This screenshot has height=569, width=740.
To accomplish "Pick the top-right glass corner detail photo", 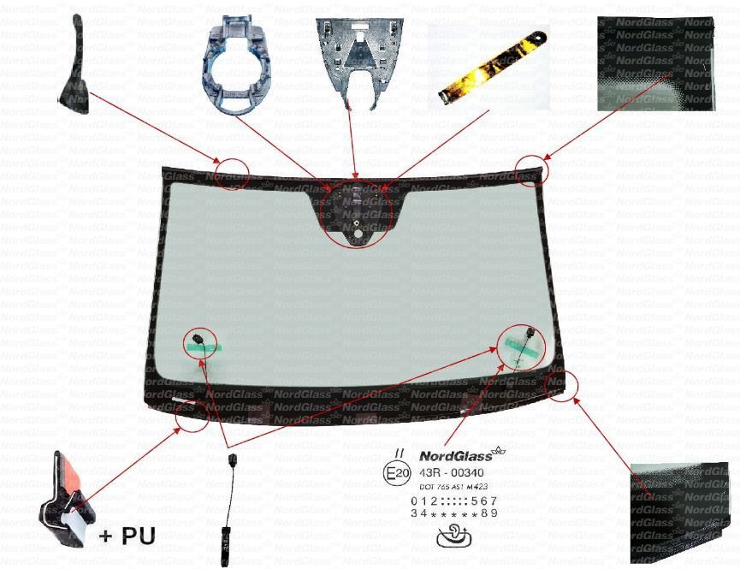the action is [x=655, y=63].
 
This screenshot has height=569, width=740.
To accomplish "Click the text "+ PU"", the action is [x=127, y=536].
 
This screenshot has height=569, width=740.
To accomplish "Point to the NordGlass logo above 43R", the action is [x=462, y=455].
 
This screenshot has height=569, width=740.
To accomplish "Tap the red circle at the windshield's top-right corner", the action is [x=532, y=171].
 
